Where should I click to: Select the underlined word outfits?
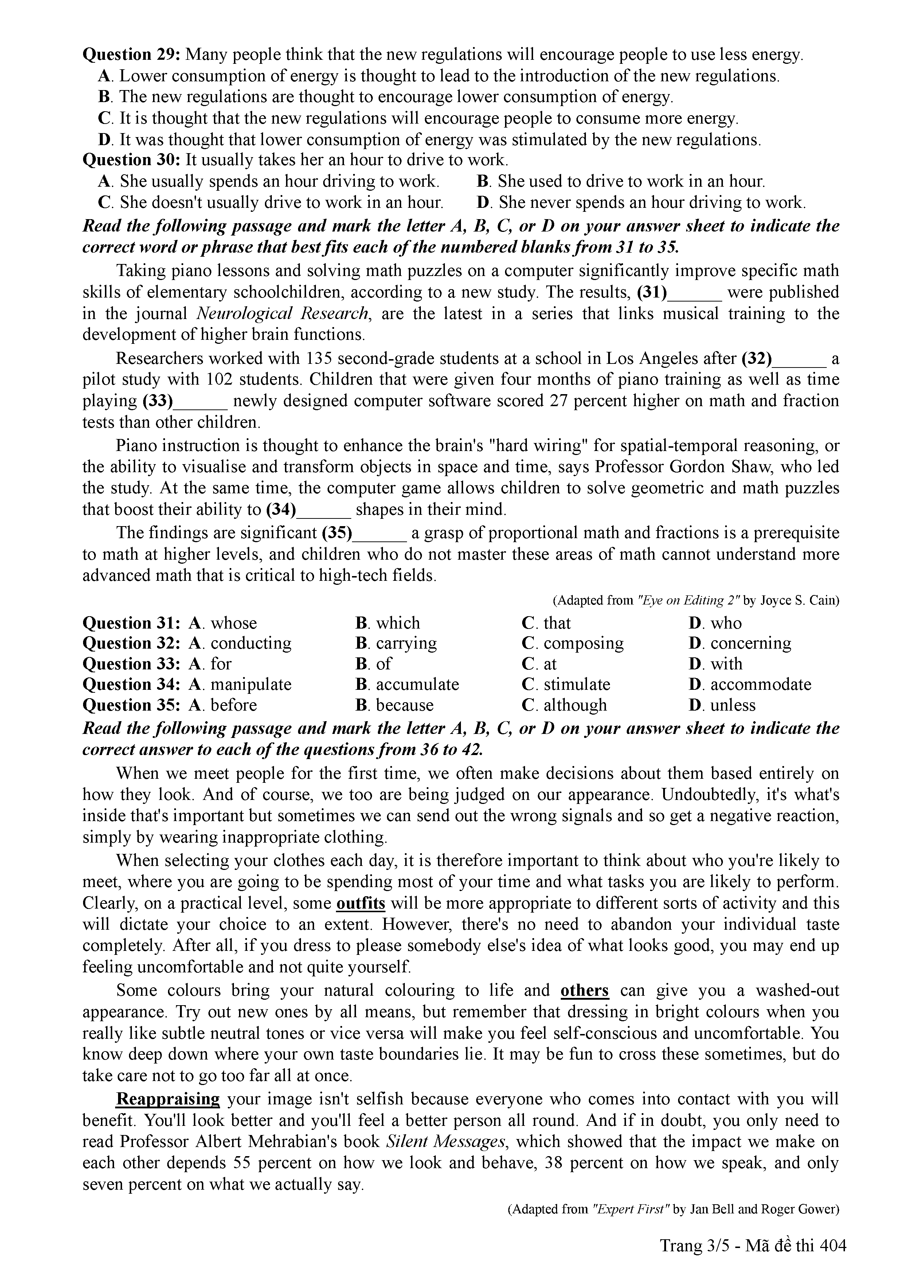(x=361, y=903)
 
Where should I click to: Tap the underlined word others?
(x=584, y=991)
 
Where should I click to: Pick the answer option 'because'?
(x=404, y=705)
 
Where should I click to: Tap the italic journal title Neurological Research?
(x=283, y=314)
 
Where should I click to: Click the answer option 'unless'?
(x=732, y=705)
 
